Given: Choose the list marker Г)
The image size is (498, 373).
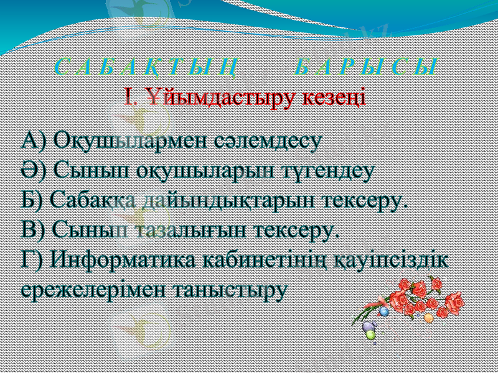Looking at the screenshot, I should pos(32,259).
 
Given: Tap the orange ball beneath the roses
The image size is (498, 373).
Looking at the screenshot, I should pos(428,318).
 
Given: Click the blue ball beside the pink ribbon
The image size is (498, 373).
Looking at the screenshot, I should pos(384,310).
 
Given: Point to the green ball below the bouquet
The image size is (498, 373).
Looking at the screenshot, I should pos(371,334).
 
